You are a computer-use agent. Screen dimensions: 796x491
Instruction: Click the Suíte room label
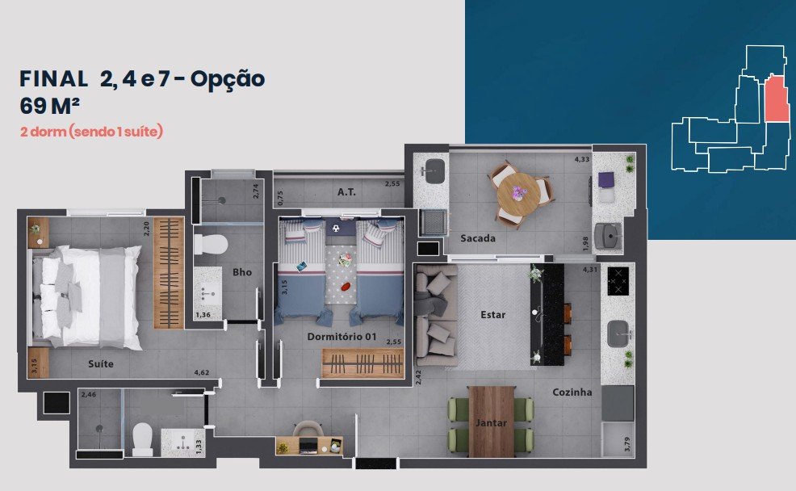(x=101, y=363)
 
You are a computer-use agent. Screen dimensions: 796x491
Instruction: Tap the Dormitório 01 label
(x=341, y=337)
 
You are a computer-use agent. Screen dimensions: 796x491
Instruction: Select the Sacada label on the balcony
(x=478, y=238)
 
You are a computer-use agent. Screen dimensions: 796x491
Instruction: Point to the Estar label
(x=493, y=315)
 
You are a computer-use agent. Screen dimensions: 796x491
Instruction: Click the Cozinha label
(x=572, y=392)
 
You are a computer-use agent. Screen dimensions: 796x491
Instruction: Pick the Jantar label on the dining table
(x=491, y=422)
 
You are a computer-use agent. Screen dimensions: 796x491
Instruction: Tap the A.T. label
(x=346, y=192)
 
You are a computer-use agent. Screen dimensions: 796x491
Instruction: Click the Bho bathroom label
(x=242, y=272)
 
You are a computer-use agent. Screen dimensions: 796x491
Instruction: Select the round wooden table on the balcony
(x=518, y=194)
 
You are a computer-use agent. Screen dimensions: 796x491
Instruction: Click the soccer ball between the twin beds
(x=336, y=229)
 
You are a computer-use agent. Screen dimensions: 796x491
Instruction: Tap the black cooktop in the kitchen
(x=618, y=281)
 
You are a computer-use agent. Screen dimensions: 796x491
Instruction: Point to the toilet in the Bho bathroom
(x=210, y=245)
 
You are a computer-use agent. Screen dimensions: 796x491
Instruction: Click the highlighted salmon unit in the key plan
(x=777, y=98)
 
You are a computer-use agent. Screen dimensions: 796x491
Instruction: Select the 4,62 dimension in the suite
(x=202, y=373)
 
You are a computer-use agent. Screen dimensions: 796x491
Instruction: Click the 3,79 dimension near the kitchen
(x=627, y=444)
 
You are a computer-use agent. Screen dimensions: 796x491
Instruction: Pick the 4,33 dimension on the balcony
(x=582, y=159)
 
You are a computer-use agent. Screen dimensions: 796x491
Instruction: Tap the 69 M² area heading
(x=49, y=106)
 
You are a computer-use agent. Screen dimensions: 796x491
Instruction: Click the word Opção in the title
(x=228, y=80)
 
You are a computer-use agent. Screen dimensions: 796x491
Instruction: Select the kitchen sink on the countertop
(x=619, y=334)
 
